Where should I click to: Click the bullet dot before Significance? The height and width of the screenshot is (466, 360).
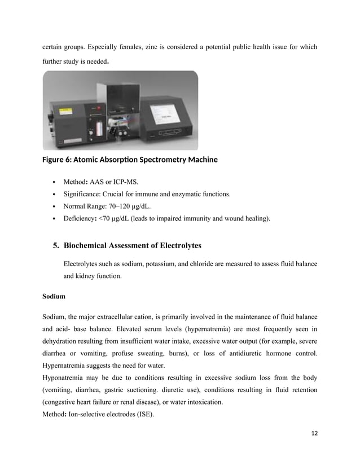[x=53, y=195]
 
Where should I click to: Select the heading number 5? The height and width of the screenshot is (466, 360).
[x=56, y=246]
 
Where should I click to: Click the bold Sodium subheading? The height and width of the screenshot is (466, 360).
[x=54, y=296]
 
